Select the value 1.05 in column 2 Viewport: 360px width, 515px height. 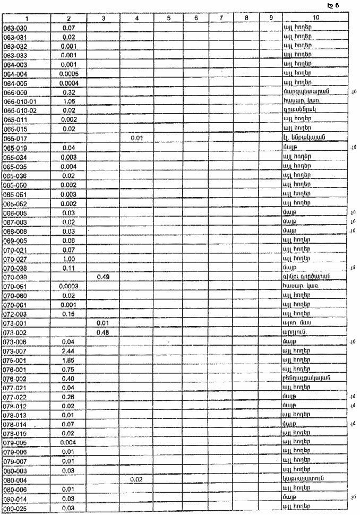(69, 101)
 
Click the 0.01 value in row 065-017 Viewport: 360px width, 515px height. (137, 138)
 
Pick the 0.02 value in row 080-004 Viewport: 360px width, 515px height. (137, 480)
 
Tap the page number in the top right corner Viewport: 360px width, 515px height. (333, 5)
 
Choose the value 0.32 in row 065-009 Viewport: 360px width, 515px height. (69, 92)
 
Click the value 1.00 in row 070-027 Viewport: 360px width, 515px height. (69, 259)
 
